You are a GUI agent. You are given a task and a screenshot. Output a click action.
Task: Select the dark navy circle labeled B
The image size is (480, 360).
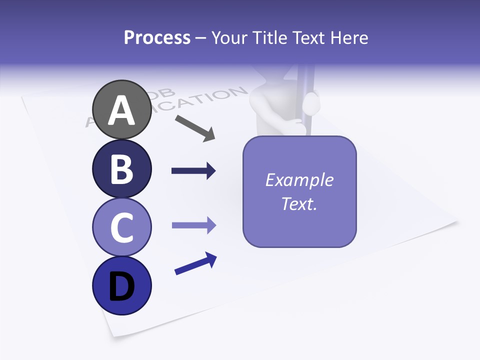[x=121, y=168]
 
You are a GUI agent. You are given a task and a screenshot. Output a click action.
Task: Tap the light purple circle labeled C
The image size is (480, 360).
[x=121, y=227]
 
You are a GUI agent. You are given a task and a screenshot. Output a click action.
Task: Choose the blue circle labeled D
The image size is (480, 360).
[x=121, y=286]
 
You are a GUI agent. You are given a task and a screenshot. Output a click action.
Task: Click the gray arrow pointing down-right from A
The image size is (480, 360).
[x=195, y=127]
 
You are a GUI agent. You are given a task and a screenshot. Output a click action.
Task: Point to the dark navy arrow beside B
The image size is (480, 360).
[x=193, y=171]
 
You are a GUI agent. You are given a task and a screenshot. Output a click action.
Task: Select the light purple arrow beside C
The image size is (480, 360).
[x=193, y=225]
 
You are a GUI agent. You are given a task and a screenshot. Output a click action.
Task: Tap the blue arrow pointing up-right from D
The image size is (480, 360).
[x=195, y=263]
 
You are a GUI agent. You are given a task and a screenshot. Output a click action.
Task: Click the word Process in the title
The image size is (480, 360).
[x=157, y=37]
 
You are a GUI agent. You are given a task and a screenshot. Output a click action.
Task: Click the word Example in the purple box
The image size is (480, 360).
[x=299, y=180]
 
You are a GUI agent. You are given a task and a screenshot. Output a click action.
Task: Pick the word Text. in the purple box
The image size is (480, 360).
[x=299, y=203]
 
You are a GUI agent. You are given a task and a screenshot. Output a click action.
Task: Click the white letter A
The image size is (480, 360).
[x=121, y=111]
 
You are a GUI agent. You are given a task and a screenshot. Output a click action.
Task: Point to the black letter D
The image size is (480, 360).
[x=121, y=287]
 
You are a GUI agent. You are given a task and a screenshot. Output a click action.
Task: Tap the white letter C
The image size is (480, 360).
[x=121, y=228]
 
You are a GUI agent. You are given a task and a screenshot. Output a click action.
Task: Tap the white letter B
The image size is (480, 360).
[x=121, y=169]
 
